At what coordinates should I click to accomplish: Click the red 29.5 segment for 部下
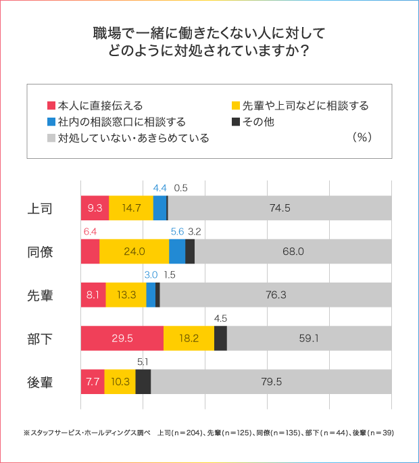122,338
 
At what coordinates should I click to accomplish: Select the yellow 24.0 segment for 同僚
134,251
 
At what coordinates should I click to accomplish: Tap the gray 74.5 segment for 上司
279,208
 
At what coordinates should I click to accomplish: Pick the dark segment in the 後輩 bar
143,381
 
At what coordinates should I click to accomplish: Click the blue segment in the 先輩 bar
151,295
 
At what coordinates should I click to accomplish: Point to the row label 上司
40,208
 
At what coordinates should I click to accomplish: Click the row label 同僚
40,251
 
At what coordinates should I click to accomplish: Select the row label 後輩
40,381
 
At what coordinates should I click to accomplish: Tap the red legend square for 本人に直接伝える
51,106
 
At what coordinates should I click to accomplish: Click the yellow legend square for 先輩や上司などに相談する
236,106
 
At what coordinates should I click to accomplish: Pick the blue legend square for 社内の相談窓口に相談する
51,122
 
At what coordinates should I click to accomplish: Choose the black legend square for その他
236,122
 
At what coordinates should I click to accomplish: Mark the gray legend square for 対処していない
51,139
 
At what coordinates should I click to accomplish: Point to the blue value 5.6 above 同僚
177,231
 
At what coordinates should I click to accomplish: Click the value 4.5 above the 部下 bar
220,318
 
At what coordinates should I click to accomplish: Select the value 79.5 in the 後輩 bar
271,381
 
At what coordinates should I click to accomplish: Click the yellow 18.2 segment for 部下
189,338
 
